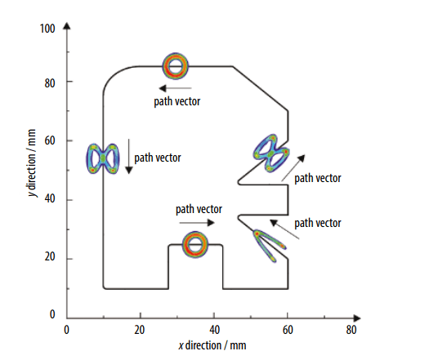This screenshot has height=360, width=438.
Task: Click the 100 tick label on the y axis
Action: coord(47,29)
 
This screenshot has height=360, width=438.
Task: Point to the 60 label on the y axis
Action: coord(50,140)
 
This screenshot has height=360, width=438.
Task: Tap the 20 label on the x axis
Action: coord(140,330)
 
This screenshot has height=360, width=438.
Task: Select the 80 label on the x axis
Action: coord(351,330)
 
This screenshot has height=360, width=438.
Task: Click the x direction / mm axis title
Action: coord(212,345)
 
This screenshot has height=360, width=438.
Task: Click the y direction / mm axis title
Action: coord(32,162)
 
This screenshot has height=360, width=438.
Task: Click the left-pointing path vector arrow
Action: coord(175,88)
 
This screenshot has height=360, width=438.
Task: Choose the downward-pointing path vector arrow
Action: coord(129,156)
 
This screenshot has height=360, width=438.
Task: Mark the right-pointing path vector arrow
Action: coord(197,222)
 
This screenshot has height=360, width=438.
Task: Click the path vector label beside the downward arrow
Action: coord(158,158)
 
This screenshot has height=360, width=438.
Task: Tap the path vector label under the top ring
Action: coord(177,101)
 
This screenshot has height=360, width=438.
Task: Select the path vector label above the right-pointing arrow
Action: coord(199,209)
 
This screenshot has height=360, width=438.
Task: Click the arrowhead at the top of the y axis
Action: coord(67,26)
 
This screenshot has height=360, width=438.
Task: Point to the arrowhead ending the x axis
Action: coord(357,318)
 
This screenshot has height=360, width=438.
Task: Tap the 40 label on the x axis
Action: coord(215,330)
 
